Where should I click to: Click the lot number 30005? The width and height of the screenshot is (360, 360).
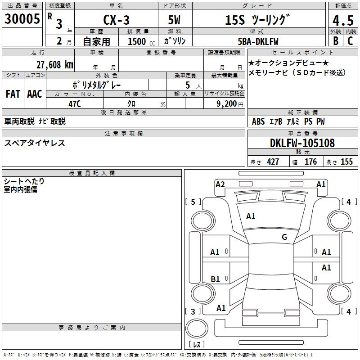tap(22, 19)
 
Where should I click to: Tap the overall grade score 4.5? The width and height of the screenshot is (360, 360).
tap(342, 21)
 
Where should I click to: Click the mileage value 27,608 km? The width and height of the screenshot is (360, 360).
tap(53, 65)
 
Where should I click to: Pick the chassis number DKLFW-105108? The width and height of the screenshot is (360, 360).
tap(302, 144)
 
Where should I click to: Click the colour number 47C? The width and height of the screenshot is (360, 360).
tap(75, 103)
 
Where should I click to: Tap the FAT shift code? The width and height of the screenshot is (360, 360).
tap(13, 94)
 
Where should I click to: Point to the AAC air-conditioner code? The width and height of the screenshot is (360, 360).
tap(35, 94)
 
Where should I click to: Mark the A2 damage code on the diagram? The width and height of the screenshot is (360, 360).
tap(220, 184)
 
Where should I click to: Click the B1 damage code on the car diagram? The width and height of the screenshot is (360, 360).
tap(215, 279)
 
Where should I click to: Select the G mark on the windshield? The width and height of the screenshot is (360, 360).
tap(284, 237)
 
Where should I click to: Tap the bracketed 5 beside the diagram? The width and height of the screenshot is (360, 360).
tap(193, 202)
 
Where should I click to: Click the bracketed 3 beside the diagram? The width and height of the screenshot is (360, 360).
tap(193, 311)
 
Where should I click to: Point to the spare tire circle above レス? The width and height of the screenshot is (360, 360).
tap(196, 328)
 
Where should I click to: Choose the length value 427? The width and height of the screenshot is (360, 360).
tap(273, 162)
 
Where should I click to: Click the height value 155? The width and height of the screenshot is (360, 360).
tap(346, 162)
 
